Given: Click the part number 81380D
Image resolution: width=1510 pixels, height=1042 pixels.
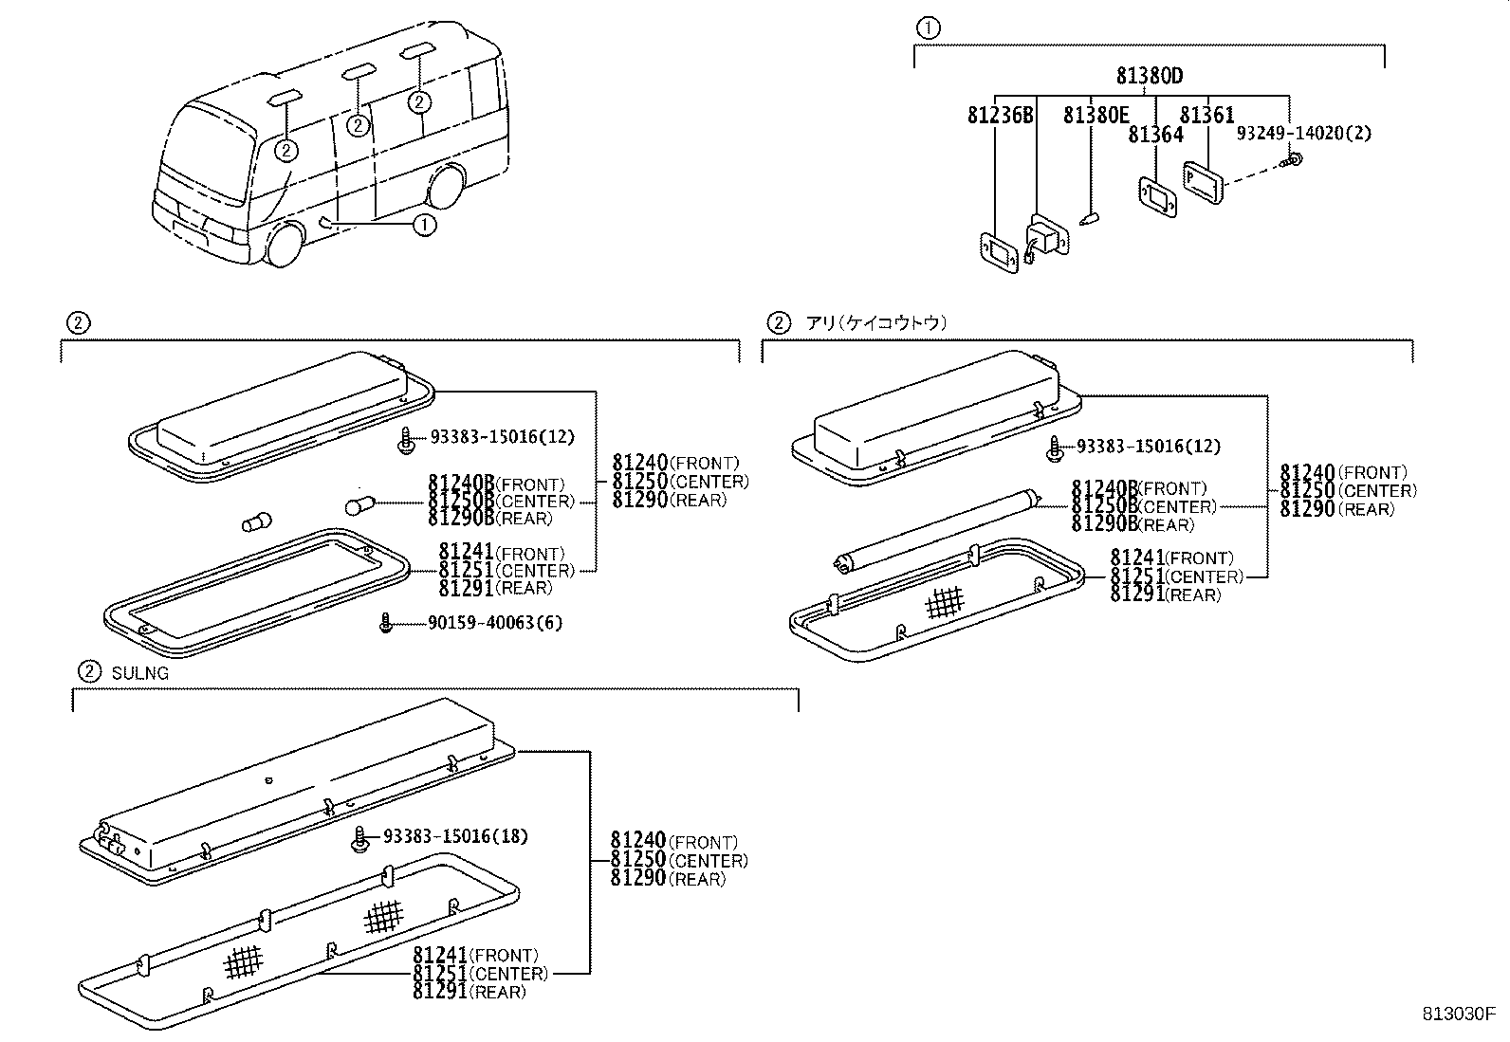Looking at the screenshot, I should coord(1150,77).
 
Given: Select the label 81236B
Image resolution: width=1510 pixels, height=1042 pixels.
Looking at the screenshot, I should coord(1000,116).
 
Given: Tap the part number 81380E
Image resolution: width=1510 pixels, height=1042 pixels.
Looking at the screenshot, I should coord(1096,116).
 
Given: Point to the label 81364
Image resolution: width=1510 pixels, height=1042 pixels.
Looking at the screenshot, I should coord(1155,135).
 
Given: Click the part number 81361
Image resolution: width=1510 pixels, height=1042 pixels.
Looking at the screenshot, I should coord(1206,116).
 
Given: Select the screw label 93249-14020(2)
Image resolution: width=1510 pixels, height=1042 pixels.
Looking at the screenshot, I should coord(1303,134).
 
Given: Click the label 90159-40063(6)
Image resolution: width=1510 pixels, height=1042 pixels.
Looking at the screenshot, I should coord(482,623).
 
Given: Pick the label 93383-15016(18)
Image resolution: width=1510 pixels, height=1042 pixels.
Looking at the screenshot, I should coord(455,836).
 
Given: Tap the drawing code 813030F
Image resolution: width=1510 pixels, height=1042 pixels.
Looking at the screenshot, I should coord(1457,1013).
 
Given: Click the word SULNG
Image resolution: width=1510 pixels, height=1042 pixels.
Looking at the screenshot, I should coord(139,673).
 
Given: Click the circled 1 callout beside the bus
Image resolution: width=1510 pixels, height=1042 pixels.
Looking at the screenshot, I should coord(424,225).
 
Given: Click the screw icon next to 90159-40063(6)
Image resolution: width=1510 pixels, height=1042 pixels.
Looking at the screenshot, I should coord(385,624).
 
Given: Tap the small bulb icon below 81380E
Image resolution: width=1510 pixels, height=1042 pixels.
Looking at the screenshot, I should coord(1090,219).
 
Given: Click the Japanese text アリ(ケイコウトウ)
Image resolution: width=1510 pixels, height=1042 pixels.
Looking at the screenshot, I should coord(876,323).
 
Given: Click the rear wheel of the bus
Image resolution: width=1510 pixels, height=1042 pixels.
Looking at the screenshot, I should coord(446,187).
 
